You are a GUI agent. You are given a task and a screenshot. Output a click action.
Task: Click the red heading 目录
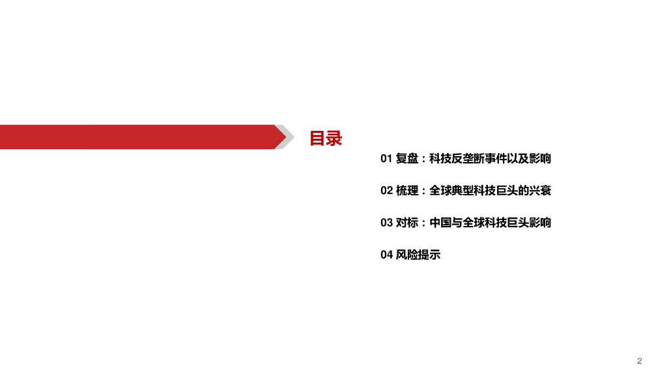pos(326,138)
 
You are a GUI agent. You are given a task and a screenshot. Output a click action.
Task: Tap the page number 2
pos(640,361)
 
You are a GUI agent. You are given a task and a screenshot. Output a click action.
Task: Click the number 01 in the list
pos(386,158)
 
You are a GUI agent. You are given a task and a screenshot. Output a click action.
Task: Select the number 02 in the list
pos(386,191)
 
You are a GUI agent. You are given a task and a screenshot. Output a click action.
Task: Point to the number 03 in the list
pos(386,223)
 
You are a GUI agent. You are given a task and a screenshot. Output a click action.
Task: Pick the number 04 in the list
pos(386,255)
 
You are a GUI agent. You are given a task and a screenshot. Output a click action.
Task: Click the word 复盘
pos(407,158)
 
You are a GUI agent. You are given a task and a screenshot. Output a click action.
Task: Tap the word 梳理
pos(407,191)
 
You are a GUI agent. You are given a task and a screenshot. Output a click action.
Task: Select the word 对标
pos(407,223)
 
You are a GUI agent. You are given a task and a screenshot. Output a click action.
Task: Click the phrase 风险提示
pos(418,255)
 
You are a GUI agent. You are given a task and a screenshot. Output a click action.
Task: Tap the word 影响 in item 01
pos(541,158)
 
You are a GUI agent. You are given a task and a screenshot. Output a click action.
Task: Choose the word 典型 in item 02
pos(463,191)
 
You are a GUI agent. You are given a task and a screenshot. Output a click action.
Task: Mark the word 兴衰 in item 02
pos(541,191)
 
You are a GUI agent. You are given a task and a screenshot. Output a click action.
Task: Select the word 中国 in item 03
pos(441,223)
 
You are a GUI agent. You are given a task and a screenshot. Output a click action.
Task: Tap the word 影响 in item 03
pos(541,223)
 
